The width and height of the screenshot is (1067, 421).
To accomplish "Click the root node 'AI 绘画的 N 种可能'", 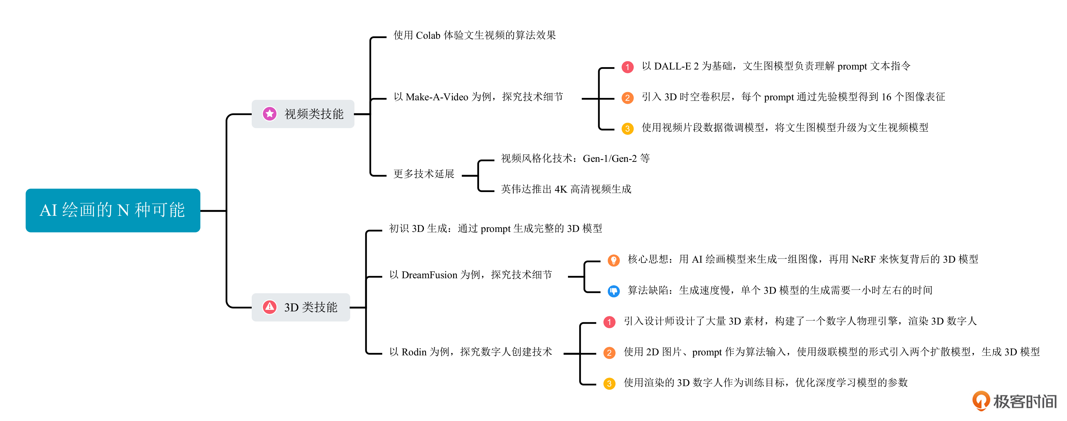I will click(x=113, y=210).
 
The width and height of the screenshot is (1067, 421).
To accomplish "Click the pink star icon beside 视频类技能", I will click(x=270, y=113).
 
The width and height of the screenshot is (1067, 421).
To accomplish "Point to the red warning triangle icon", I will click(x=270, y=307).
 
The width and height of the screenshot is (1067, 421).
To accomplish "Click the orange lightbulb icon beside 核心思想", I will click(x=613, y=260).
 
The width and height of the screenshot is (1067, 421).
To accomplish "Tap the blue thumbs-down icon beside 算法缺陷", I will click(x=613, y=291).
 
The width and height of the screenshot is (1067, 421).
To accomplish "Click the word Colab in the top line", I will click(x=428, y=35).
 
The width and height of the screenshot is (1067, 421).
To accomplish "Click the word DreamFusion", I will click(x=429, y=275).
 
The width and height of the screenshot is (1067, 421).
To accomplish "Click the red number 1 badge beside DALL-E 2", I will click(x=628, y=67).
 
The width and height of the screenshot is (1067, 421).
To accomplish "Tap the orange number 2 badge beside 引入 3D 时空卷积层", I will click(x=628, y=98).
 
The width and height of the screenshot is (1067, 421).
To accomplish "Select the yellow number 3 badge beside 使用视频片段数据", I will click(x=628, y=128).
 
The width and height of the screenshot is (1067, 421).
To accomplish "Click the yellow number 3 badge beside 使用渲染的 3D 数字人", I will click(x=609, y=383).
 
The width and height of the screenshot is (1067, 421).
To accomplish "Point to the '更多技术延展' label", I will click(x=424, y=174).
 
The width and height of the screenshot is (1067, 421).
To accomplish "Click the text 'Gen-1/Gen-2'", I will click(x=609, y=159).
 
